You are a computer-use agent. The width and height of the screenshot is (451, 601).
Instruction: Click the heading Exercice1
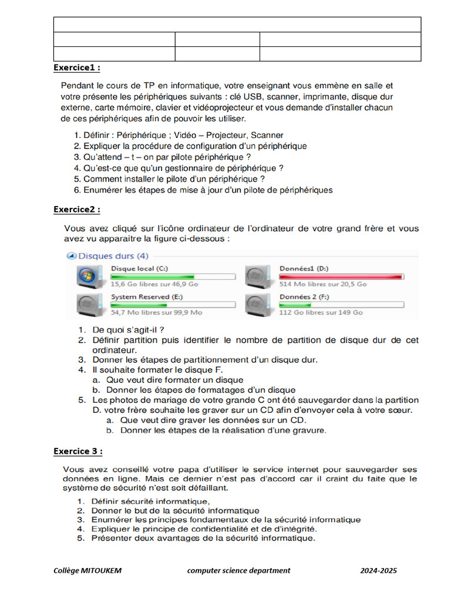tap(76, 67)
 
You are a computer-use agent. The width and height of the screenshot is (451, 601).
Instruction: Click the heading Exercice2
tap(76, 210)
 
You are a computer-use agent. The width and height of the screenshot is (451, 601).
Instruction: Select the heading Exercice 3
tap(78, 451)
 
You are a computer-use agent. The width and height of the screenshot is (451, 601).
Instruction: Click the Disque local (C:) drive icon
tap(89, 276)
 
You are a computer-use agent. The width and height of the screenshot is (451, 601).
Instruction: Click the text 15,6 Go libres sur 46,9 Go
tap(154, 284)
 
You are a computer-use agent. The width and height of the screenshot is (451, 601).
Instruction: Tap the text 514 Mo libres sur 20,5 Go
tap(323, 284)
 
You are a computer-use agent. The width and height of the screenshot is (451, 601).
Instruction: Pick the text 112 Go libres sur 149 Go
tap(321, 313)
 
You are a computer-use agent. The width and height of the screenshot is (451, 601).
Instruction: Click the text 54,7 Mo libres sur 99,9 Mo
tap(156, 313)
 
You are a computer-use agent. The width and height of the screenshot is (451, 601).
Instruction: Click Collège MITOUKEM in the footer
tap(87, 570)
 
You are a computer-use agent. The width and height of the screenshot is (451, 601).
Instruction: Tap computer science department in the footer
tap(238, 570)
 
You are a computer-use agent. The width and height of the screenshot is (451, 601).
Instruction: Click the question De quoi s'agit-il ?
tap(128, 330)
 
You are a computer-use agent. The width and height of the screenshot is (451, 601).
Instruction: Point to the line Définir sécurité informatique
tap(150, 501)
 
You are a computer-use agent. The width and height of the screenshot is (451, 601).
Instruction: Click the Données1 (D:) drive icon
tap(257, 276)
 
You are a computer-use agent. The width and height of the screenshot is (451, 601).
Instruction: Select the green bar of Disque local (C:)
tap(153, 276)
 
